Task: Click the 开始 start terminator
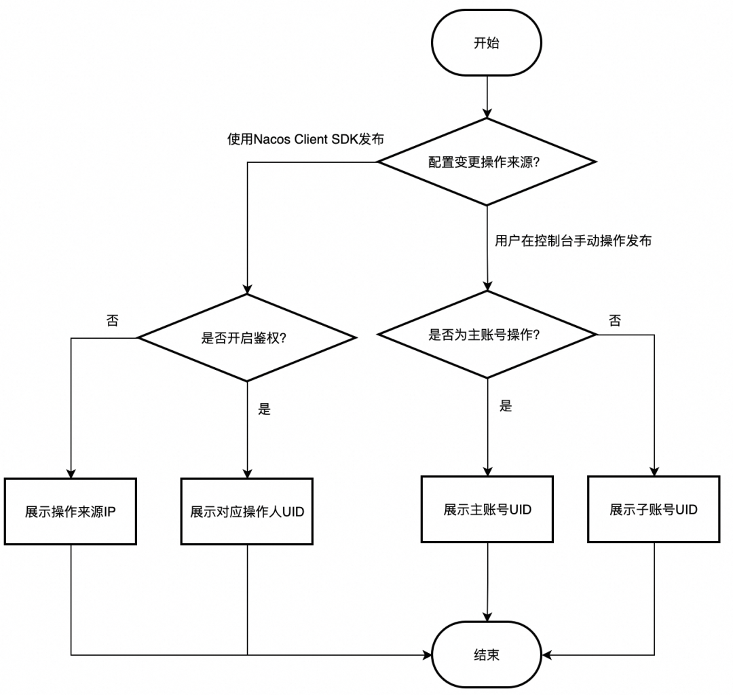point(486,43)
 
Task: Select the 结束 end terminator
point(486,655)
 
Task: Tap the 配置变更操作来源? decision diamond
point(486,162)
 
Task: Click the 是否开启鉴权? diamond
point(246,337)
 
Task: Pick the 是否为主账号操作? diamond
point(486,335)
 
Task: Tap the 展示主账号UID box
point(487,510)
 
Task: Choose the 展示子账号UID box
point(654,510)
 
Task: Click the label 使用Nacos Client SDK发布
point(305,140)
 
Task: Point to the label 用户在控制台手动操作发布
point(574,241)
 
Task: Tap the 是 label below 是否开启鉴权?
point(265,409)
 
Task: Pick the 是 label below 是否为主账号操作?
point(505,407)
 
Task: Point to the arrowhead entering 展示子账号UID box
point(654,470)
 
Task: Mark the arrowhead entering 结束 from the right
point(547,655)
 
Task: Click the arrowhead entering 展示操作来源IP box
point(71,473)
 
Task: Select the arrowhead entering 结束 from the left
point(427,655)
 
